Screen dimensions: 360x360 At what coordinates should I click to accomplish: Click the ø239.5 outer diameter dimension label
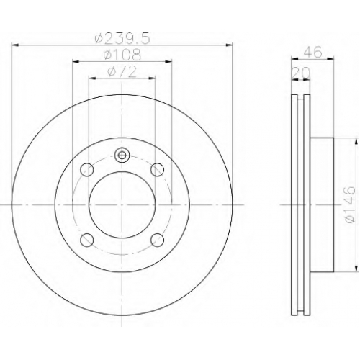[122, 38]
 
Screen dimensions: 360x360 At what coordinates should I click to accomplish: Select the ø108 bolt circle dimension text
[122, 55]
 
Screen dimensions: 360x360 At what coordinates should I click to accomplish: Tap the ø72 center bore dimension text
[122, 71]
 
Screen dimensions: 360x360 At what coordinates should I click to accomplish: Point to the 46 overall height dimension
[312, 52]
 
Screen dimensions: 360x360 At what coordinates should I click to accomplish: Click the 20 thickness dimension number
[301, 73]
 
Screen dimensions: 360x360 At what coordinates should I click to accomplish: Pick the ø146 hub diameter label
[349, 204]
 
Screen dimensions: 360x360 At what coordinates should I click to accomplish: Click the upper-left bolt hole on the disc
[86, 170]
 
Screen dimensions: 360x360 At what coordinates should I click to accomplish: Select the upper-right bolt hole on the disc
[158, 170]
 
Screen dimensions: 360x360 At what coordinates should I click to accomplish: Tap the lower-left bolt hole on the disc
[86, 240]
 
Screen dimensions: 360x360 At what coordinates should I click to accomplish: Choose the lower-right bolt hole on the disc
[158, 240]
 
